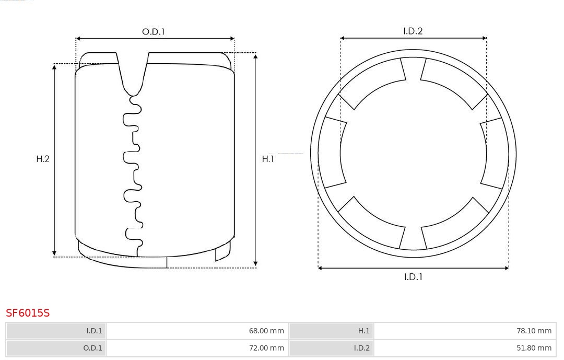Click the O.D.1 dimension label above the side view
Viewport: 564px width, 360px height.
(x=154, y=32)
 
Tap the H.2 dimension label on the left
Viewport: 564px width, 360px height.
(x=43, y=159)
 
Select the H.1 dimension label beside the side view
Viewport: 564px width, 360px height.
(x=268, y=159)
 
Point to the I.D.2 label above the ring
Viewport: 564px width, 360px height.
(x=413, y=31)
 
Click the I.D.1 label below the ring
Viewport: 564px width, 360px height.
(x=413, y=277)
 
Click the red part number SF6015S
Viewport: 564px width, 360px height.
(x=28, y=313)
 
